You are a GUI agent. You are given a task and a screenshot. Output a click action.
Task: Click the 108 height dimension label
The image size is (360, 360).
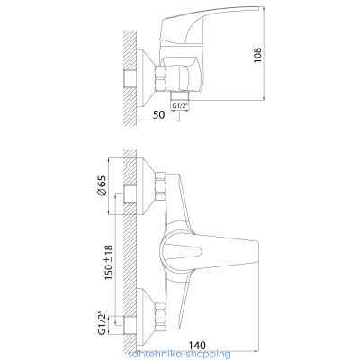(257, 55)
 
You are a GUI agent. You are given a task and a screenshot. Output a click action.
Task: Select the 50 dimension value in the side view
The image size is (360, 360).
(158, 114)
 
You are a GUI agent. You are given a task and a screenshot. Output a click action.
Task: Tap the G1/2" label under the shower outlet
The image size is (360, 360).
(180, 106)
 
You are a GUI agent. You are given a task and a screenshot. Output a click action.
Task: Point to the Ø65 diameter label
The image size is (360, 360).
(102, 186)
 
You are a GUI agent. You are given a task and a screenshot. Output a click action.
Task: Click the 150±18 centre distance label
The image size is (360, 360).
(108, 263)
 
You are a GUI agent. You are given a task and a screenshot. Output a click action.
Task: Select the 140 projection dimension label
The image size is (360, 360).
(197, 345)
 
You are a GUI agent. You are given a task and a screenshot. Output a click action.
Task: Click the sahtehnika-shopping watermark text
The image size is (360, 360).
(179, 354)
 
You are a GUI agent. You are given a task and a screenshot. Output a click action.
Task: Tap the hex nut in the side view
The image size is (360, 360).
(160, 78)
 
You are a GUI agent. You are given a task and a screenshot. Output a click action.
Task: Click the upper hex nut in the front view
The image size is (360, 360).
(160, 186)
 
